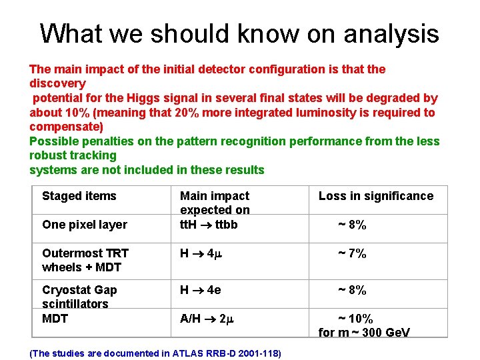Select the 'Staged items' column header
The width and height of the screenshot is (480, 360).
79,196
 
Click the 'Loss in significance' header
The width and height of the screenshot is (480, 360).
375,196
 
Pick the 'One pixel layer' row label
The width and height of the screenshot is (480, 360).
84,225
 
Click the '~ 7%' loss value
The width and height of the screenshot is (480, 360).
351,253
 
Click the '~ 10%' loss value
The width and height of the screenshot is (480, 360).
355,319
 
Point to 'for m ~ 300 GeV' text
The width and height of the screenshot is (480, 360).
364,333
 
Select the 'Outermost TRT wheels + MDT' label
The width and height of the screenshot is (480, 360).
85,260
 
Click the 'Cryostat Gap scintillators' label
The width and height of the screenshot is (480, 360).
79,297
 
